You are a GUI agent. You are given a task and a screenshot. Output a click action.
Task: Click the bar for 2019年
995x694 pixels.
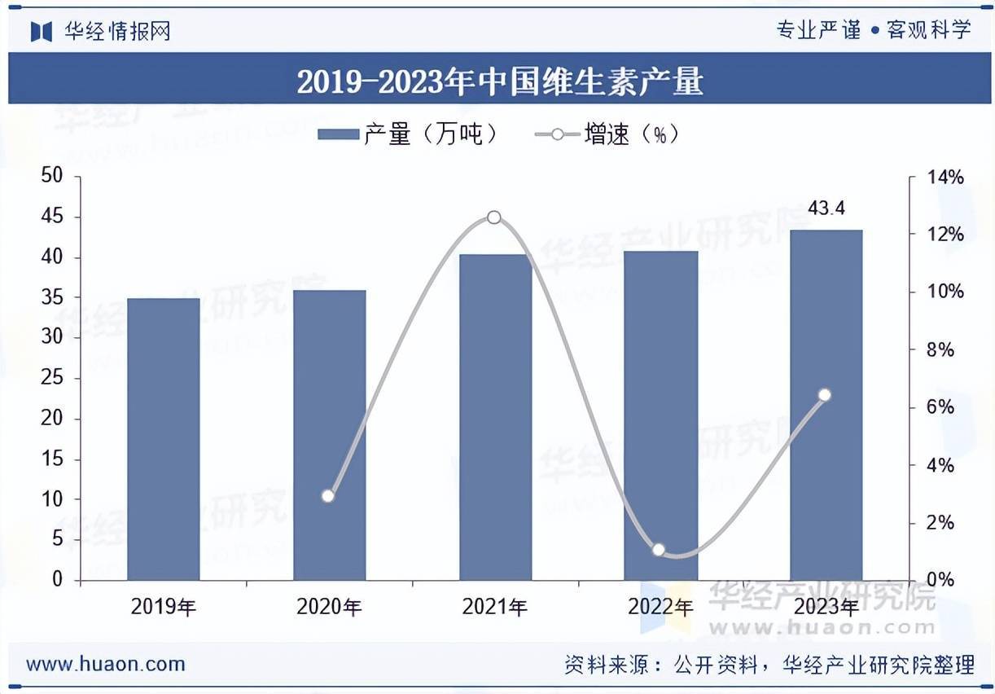point(164,440)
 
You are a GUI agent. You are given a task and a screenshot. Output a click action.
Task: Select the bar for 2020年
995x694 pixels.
point(330,436)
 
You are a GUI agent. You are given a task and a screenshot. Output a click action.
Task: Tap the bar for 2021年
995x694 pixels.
point(495,417)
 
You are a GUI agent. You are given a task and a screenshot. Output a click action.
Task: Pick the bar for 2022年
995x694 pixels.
point(661,415)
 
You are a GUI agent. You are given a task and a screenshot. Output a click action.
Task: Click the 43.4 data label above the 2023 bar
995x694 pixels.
point(826,209)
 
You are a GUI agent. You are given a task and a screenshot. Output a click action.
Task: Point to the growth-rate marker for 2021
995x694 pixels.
point(494,217)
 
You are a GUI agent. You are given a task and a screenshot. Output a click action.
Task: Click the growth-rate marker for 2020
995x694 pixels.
point(328,495)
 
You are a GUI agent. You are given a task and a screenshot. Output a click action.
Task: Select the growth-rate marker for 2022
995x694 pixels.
point(659,550)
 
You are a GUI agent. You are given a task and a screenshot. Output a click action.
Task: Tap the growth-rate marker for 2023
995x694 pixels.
point(824,395)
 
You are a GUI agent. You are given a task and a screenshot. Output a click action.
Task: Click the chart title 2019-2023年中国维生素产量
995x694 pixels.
point(499,82)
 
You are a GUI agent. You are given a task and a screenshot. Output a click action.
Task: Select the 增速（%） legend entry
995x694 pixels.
point(607,134)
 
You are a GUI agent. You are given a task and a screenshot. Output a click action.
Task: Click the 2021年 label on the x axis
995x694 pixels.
point(495,607)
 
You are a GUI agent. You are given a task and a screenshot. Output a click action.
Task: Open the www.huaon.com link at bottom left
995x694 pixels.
point(106,664)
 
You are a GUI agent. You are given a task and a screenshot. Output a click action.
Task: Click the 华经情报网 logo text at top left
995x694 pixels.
point(117,32)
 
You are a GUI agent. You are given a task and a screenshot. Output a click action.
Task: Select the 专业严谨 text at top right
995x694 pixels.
point(818,30)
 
